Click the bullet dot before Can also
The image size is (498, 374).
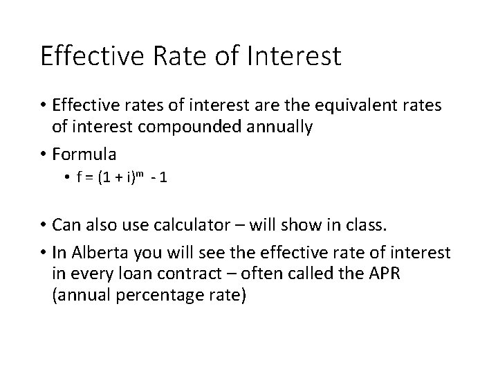[44, 225]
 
